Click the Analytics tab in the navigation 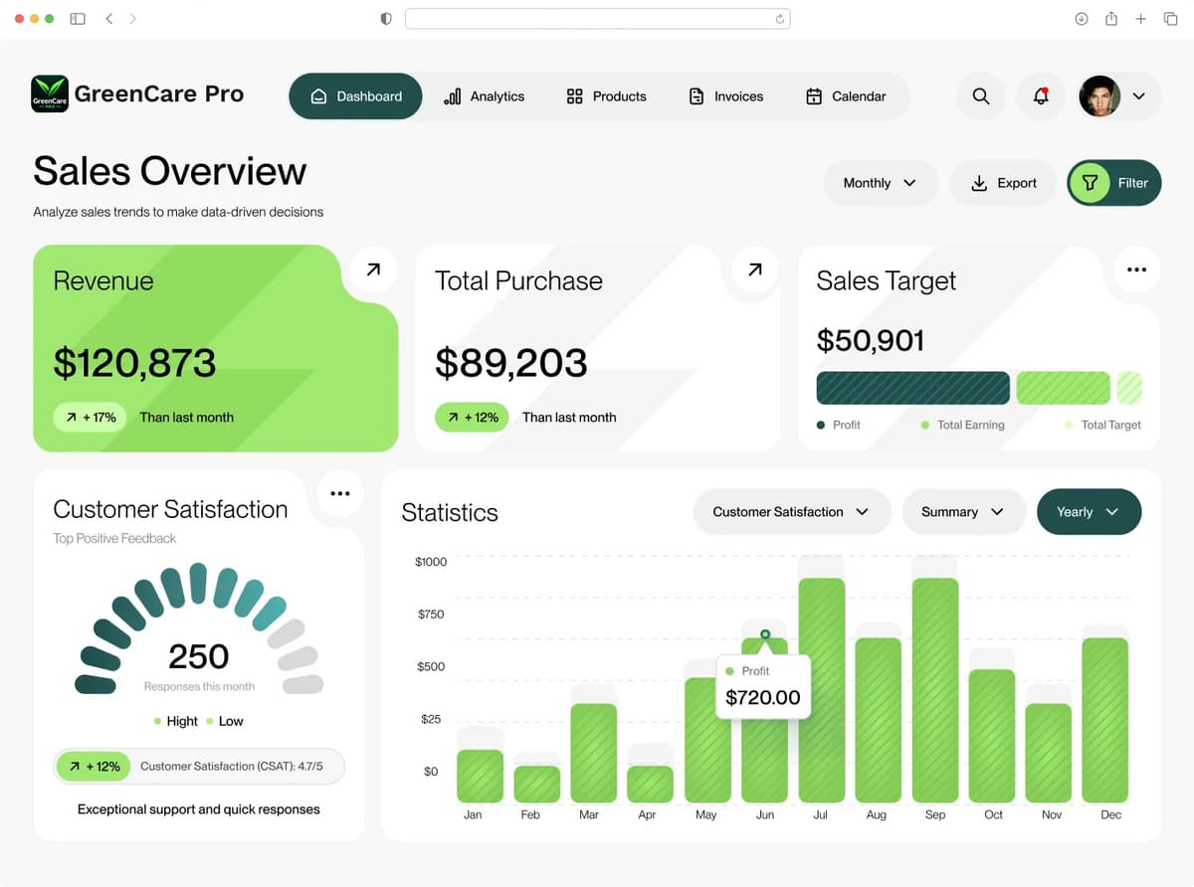pyautogui.click(x=484, y=96)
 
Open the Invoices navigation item pyautogui.click(x=726, y=96)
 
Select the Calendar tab pyautogui.click(x=846, y=96)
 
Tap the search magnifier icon pyautogui.click(x=981, y=96)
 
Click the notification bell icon pyautogui.click(x=1041, y=96)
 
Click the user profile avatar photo pyautogui.click(x=1099, y=96)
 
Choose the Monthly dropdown pyautogui.click(x=881, y=183)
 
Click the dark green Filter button pyautogui.click(x=1114, y=183)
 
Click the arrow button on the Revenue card pyautogui.click(x=373, y=269)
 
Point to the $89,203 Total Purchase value pyautogui.click(x=511, y=363)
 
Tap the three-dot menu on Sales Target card pyautogui.click(x=1136, y=269)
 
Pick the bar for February pyautogui.click(x=536, y=784)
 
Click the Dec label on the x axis pyautogui.click(x=1110, y=814)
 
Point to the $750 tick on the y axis pyautogui.click(x=431, y=615)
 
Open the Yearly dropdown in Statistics pyautogui.click(x=1089, y=512)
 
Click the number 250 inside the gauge pyautogui.click(x=199, y=656)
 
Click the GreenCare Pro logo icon pyautogui.click(x=50, y=93)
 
